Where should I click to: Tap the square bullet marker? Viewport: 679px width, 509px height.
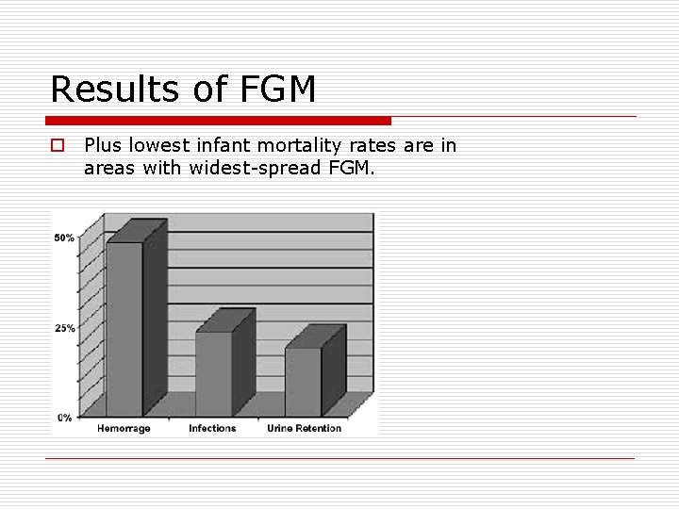[x=58, y=146]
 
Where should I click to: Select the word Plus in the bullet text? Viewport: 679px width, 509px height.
[x=103, y=145]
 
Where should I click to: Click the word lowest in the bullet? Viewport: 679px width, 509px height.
[x=162, y=145]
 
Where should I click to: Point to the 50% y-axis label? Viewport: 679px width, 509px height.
[x=64, y=238]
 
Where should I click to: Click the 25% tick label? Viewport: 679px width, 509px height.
[x=64, y=328]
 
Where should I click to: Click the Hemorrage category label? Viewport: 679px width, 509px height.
[x=124, y=429]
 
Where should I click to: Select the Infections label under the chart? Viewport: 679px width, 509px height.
[x=212, y=429]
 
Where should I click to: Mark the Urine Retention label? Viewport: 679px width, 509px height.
[x=304, y=429]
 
